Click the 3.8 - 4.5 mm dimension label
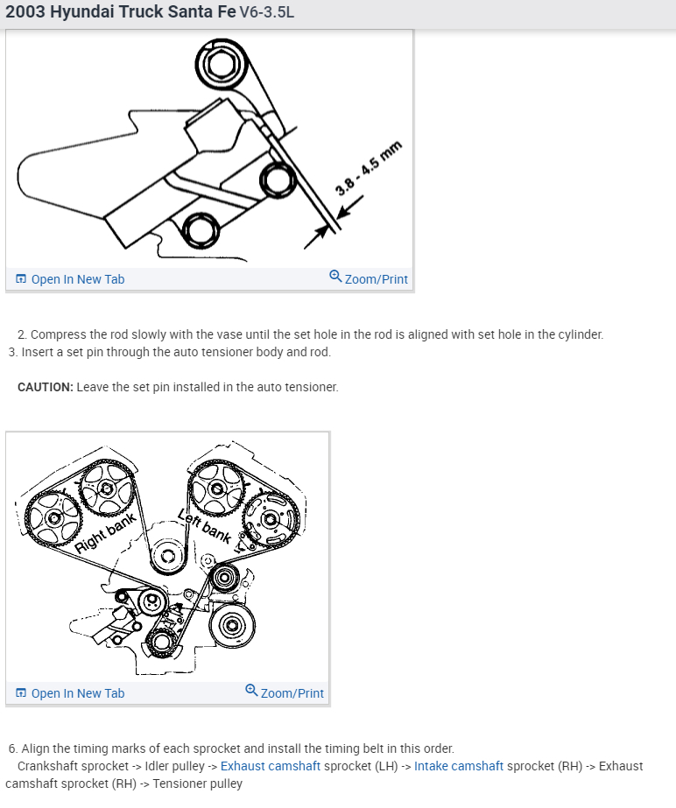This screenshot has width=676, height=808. (369, 168)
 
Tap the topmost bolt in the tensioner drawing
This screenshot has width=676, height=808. (215, 64)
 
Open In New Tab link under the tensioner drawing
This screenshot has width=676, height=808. (70, 279)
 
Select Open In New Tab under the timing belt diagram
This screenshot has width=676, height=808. (70, 693)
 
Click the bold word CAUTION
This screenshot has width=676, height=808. (44, 387)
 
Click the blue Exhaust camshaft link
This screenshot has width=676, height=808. (271, 766)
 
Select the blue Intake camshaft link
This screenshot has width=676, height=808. (459, 766)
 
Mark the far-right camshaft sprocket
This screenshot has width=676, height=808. (271, 518)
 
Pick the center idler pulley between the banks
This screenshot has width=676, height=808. (166, 555)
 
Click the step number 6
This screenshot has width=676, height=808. (12, 748)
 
